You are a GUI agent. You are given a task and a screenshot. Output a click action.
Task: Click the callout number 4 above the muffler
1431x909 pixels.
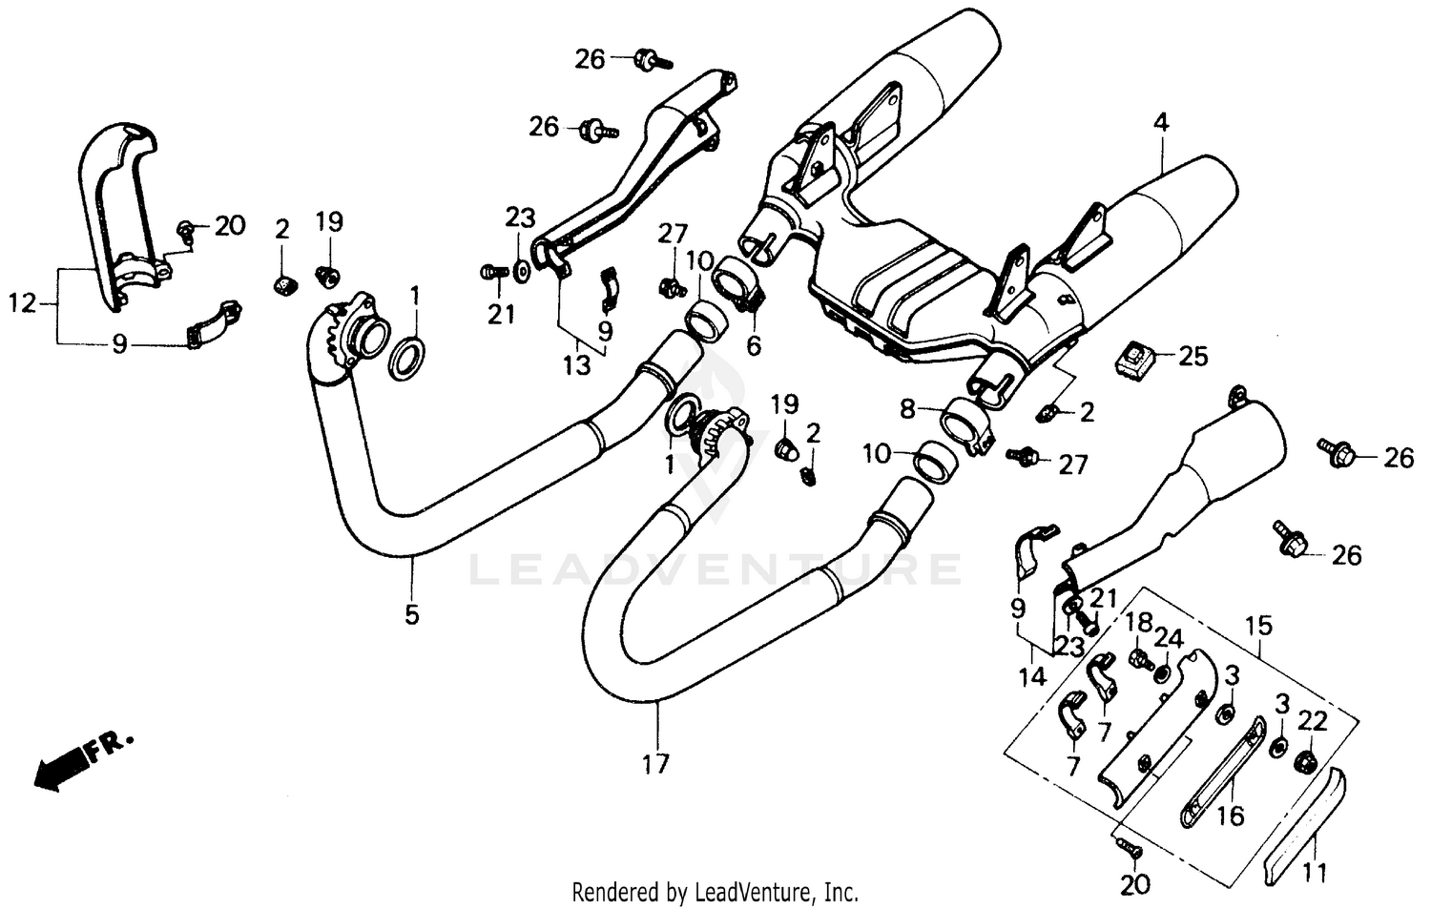click(x=1160, y=123)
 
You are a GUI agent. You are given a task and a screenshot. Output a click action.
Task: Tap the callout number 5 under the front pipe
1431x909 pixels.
click(x=411, y=615)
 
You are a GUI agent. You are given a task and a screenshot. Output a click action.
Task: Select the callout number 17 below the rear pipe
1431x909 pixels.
click(x=655, y=764)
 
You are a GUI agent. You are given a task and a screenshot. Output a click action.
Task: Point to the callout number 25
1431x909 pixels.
click(x=1192, y=357)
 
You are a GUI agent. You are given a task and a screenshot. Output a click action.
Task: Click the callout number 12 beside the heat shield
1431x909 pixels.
click(x=22, y=304)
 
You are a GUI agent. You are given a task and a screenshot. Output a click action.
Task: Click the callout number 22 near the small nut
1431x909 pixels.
click(x=1313, y=722)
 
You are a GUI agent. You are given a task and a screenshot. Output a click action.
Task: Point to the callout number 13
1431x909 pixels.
click(x=576, y=366)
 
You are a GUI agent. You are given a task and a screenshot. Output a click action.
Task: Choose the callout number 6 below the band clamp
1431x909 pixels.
click(x=754, y=345)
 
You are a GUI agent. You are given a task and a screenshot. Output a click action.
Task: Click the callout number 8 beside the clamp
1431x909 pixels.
click(x=907, y=409)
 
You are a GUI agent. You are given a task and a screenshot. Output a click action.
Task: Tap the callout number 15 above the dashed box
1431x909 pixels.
click(x=1258, y=627)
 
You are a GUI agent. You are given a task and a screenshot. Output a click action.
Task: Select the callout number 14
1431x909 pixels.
click(x=1031, y=677)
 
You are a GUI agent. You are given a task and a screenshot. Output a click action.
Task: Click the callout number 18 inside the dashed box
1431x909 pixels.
click(x=1138, y=623)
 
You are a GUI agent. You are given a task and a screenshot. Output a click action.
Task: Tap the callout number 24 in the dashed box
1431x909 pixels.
click(x=1169, y=637)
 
